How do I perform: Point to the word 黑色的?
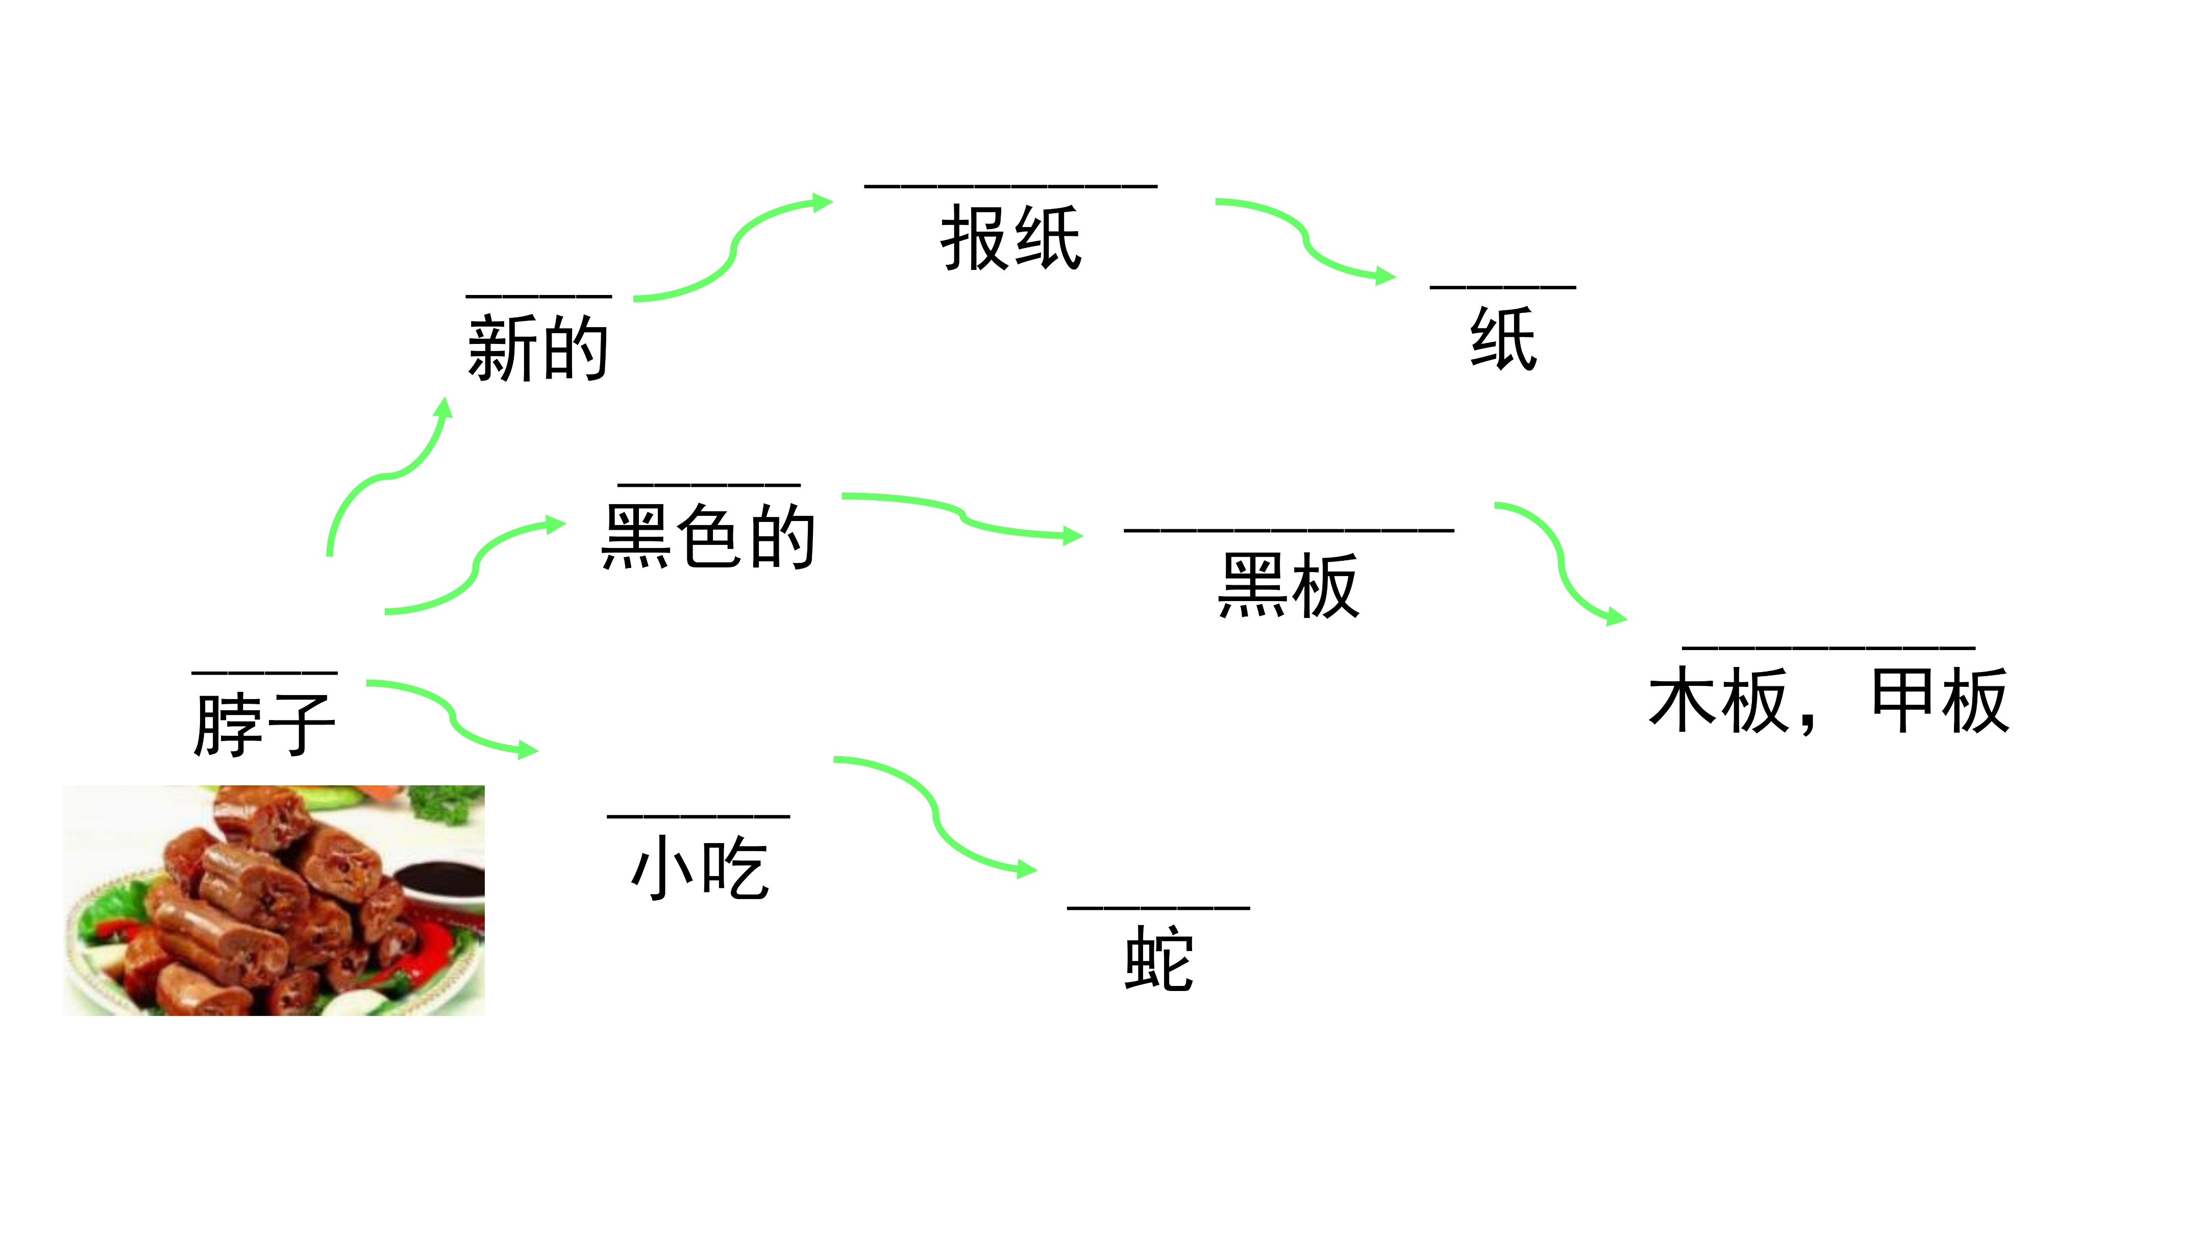tap(708, 536)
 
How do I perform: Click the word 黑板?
tap(1288, 586)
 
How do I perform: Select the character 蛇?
tap(1159, 959)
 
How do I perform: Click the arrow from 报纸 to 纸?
tap(1305, 239)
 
